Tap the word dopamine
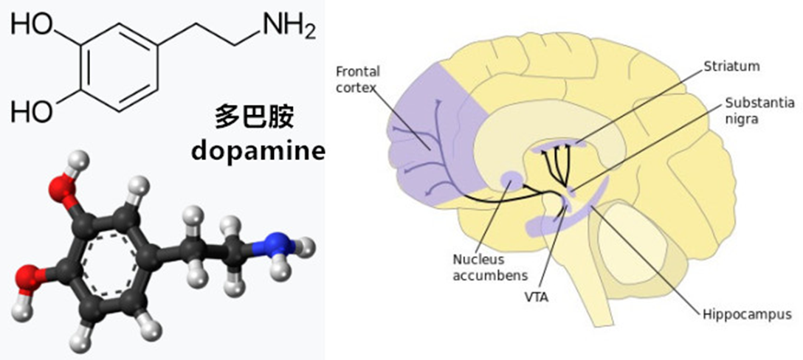(258, 151)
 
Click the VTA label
(536, 297)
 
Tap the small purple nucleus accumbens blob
(511, 179)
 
